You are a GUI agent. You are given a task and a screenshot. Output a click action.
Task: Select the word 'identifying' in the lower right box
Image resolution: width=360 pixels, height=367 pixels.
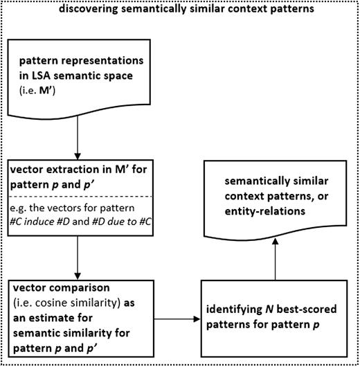click(242, 307)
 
